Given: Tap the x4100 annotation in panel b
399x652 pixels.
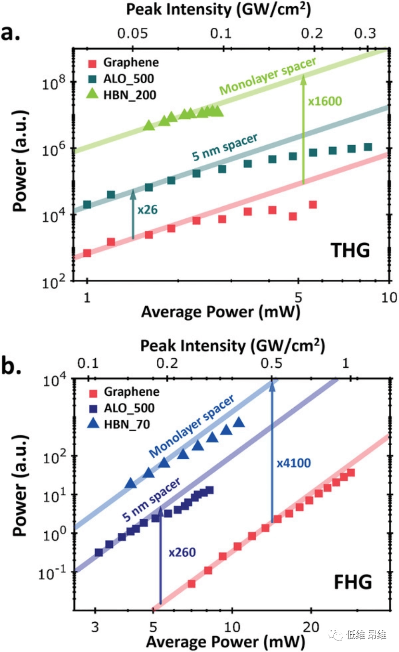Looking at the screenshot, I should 294,463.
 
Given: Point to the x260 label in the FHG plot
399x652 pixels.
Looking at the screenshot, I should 182,552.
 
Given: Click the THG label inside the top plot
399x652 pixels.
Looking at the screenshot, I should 349,250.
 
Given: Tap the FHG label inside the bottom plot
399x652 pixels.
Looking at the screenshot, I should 353,583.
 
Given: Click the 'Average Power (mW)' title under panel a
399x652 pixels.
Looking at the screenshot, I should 221,312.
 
